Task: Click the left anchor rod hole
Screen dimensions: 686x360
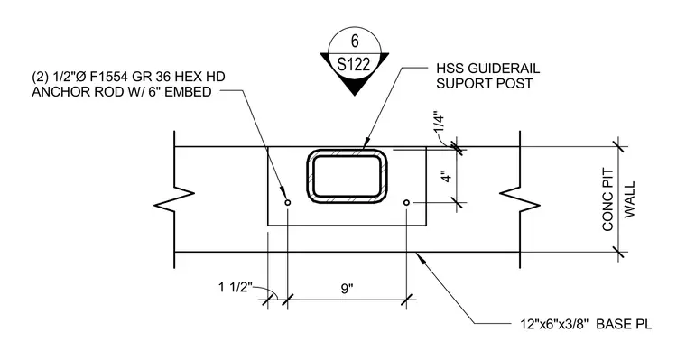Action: tap(287, 202)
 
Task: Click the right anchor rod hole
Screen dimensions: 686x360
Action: tap(406, 202)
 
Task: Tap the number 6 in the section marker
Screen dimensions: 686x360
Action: tap(355, 41)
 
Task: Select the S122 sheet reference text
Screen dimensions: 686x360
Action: tap(354, 64)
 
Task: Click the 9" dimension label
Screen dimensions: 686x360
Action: tap(347, 289)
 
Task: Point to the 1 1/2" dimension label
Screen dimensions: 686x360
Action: tap(236, 288)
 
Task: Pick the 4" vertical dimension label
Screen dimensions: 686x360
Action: tap(446, 177)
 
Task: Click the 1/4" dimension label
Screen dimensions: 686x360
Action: tap(439, 124)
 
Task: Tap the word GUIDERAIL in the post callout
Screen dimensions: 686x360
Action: tap(504, 69)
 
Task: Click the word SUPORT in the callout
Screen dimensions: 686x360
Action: tap(459, 84)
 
